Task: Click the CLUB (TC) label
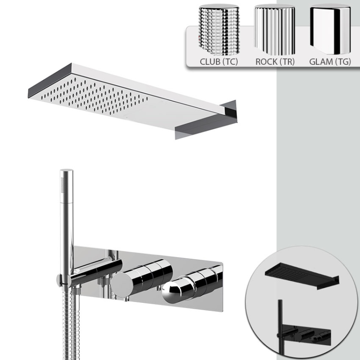tap(219, 62)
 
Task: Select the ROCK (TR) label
tap(275, 62)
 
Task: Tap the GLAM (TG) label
tap(330, 62)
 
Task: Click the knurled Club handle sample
tap(219, 29)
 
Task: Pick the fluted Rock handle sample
tap(274, 29)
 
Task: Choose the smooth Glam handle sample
tap(330, 29)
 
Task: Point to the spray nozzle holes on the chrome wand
tap(63, 184)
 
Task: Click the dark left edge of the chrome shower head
tap(50, 81)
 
